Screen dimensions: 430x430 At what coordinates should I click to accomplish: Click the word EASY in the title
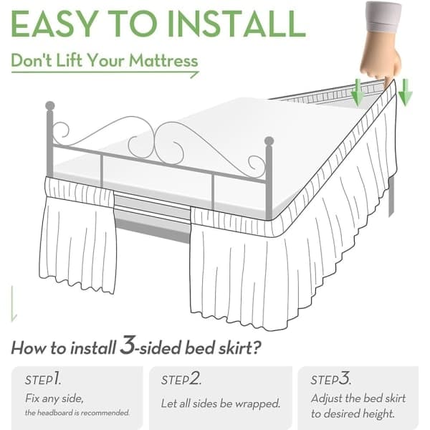point(54,24)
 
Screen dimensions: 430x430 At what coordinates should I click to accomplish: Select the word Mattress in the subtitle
point(163,60)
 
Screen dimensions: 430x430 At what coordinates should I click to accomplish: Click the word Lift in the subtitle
point(69,60)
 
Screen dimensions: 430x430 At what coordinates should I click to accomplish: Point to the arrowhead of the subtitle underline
point(195,74)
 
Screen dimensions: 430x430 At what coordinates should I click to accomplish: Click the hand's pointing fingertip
point(387,82)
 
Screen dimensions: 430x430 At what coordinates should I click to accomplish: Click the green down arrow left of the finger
point(358,92)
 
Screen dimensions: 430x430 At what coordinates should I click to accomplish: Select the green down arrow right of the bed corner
point(406,92)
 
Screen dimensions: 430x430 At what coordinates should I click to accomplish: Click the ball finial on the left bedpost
point(50,106)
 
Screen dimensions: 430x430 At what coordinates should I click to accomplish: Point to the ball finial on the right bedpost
point(269,141)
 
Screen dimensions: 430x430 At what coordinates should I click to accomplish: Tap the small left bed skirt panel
point(78,236)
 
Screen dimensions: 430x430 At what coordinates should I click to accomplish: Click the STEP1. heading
point(43,379)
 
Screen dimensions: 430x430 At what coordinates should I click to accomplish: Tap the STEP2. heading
point(181,379)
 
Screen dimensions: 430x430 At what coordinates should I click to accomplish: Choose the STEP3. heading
point(330,378)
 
